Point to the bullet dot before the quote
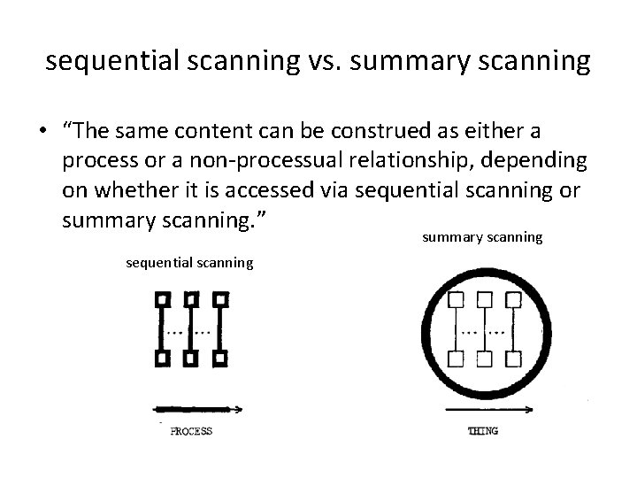pyautogui.click(x=42, y=133)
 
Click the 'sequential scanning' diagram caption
pyautogui.click(x=189, y=262)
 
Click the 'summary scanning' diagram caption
pyautogui.click(x=482, y=237)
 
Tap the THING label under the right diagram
pyautogui.click(x=482, y=431)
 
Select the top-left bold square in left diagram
pyautogui.click(x=163, y=299)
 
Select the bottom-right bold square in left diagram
pyautogui.click(x=219, y=358)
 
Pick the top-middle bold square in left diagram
pyautogui.click(x=191, y=299)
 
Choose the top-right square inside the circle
pyautogui.click(x=512, y=299)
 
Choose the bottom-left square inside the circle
pyautogui.click(x=457, y=358)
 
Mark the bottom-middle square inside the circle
pyautogui.click(x=484, y=358)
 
